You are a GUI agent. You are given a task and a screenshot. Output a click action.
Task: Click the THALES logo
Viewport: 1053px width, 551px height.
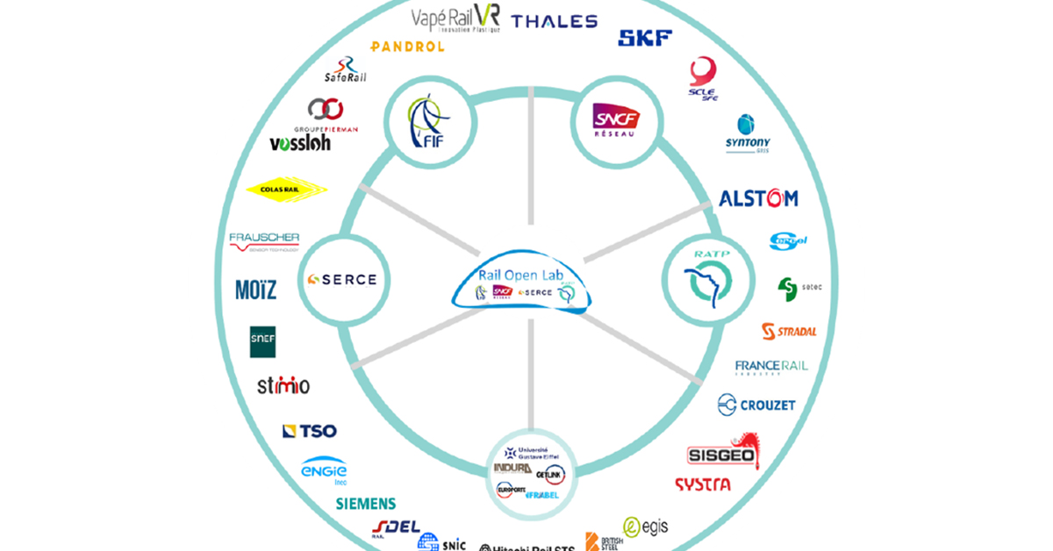554,22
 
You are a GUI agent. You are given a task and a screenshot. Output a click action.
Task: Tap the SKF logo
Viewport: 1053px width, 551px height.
645,38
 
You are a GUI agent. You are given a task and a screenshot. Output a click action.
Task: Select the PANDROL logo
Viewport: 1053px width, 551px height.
407,47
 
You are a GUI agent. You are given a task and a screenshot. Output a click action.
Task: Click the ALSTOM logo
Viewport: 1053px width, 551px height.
758,198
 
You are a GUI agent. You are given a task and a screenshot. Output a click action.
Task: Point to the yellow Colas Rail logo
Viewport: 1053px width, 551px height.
287,189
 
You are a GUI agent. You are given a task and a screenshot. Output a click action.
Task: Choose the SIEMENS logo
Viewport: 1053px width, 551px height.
366,504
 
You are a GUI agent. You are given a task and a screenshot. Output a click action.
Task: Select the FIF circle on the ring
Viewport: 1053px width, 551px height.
429,122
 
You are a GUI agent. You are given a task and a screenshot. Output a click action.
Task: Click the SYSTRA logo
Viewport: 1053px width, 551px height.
702,484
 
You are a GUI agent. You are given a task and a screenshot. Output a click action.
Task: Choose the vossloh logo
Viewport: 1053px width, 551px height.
300,143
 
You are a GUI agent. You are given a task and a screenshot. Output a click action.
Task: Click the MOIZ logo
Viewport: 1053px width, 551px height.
255,290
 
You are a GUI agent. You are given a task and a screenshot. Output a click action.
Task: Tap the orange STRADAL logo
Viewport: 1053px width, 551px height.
789,332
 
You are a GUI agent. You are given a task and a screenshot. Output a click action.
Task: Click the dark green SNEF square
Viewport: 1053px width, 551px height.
263,341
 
